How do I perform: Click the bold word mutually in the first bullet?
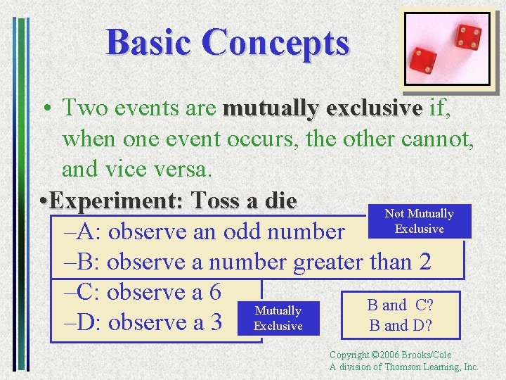tap(269, 108)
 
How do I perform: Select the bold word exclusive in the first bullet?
tap(371, 108)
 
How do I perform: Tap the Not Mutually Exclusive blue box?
tap(419, 221)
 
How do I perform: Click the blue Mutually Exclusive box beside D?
tap(278, 318)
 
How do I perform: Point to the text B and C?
tap(400, 305)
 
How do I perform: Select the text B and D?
tap(400, 326)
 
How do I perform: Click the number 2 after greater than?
tap(424, 262)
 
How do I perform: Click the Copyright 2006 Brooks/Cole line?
tap(390, 355)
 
